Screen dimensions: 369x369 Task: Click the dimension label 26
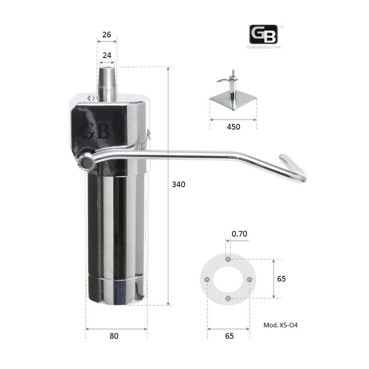107,35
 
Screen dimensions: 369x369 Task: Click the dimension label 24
107,55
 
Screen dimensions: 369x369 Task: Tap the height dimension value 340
179,184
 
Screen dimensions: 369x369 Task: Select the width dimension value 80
114,336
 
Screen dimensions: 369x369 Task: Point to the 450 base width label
233,127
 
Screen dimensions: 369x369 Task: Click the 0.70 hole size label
239,234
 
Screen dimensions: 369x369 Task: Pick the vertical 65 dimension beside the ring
281,279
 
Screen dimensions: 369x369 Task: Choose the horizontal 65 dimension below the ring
229,336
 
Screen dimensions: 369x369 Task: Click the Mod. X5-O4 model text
280,325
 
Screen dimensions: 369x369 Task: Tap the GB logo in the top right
263,34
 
